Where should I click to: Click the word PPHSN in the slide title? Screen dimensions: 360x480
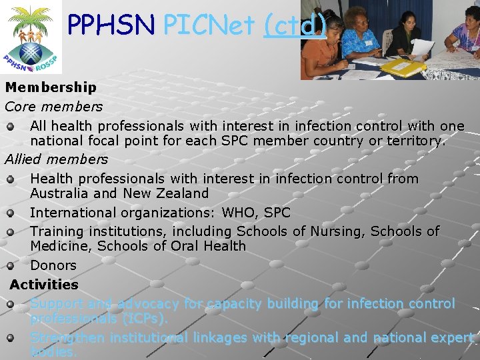tap(111, 25)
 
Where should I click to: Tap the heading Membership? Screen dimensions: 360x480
tap(51, 87)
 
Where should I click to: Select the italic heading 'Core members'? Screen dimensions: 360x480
tap(53, 107)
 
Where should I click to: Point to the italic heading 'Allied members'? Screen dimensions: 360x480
tap(56, 159)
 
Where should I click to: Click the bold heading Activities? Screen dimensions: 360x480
tap(44, 285)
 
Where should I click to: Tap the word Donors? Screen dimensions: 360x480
tap(53, 265)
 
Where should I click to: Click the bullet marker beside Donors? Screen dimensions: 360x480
tap(11, 266)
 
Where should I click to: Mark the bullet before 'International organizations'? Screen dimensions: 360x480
tap(11, 213)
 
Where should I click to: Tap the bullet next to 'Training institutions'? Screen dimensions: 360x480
tap(11, 232)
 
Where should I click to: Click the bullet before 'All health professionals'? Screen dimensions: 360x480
tap(11, 126)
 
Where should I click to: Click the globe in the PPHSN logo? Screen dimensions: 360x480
tap(30, 51)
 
